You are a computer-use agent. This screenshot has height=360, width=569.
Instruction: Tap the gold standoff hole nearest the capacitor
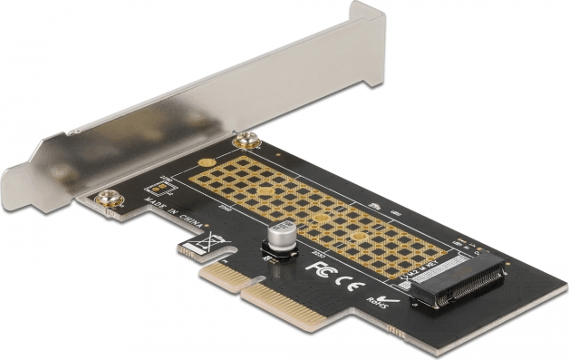[x=323, y=220]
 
